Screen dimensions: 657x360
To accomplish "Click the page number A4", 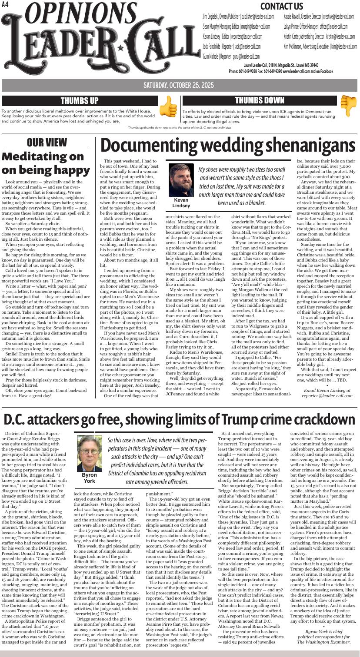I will point(6,5).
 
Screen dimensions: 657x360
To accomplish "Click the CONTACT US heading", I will point(281,6).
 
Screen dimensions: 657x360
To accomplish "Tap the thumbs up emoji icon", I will point(168,106).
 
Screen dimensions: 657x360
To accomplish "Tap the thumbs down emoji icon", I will point(348,106).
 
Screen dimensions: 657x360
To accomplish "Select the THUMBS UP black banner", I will point(79,101).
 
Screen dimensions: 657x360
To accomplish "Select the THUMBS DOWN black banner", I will point(260,100).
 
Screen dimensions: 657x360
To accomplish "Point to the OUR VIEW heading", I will point(47,143).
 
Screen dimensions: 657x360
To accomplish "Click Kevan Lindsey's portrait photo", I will point(181,180).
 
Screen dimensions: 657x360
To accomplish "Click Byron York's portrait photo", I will point(89,453).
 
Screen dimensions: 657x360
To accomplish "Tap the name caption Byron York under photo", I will point(89,478).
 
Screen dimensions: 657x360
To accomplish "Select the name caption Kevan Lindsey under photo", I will point(181,203).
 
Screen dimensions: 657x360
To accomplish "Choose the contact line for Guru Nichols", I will point(231,56).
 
